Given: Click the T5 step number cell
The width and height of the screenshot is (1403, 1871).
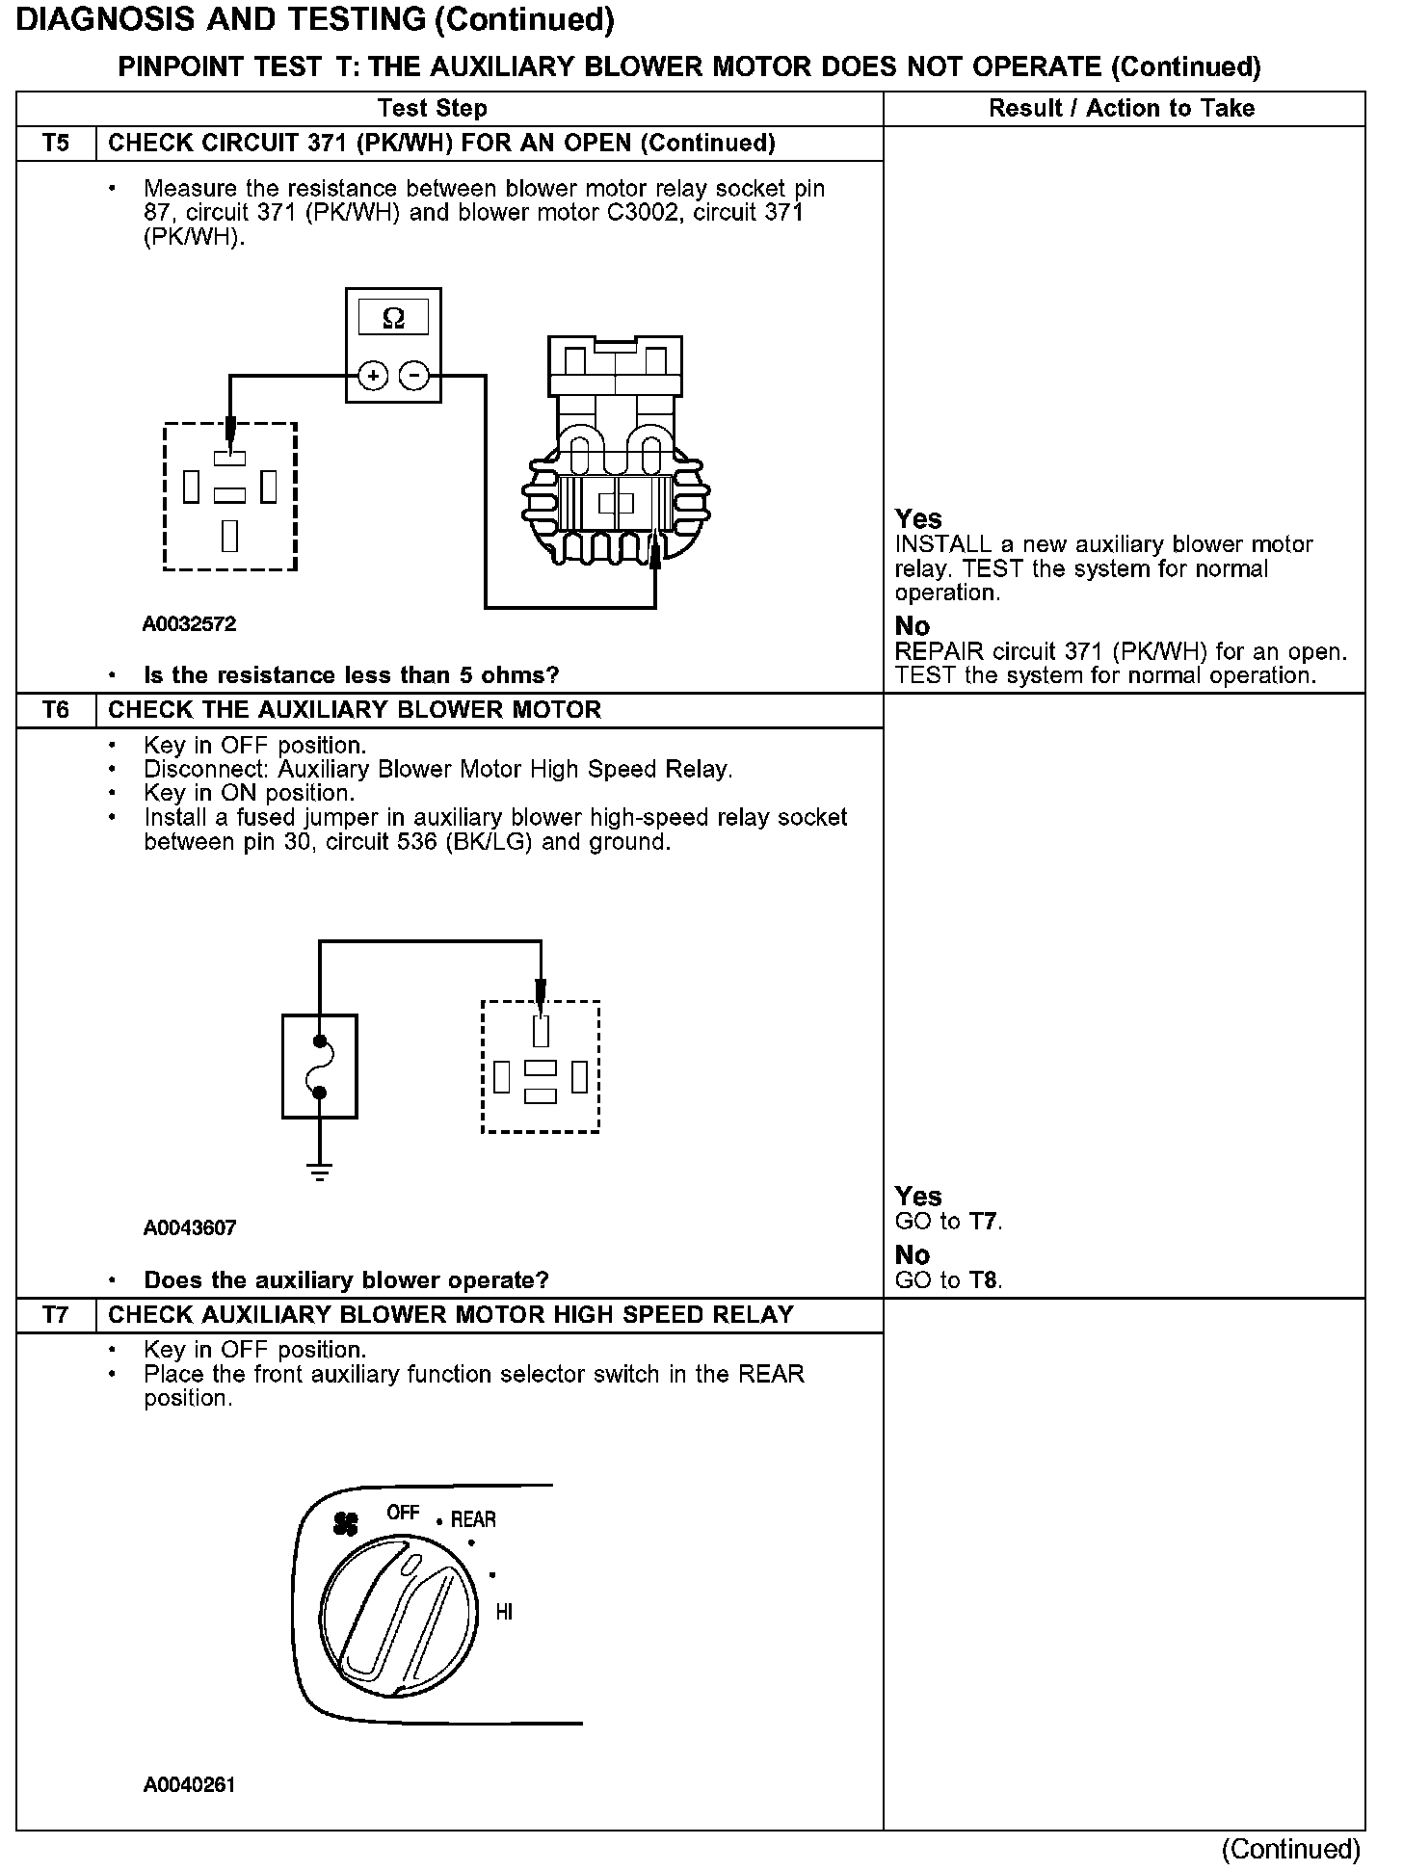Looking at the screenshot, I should [56, 144].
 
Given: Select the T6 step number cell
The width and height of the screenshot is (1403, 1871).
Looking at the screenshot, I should [56, 710].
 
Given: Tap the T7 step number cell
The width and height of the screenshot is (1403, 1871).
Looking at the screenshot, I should [56, 1315].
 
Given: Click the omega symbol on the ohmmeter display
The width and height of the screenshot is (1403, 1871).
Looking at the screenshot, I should [393, 317].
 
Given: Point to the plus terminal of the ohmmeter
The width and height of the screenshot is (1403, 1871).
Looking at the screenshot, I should [373, 375].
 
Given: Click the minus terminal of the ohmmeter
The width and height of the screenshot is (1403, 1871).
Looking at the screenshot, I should [414, 375].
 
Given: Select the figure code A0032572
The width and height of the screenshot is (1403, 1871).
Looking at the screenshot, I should [189, 623].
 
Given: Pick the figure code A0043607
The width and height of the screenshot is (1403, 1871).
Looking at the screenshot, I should [189, 1227].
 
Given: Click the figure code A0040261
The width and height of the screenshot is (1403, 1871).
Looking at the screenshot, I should [189, 1784].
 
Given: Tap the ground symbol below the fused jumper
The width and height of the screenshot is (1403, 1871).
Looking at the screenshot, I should [319, 1172].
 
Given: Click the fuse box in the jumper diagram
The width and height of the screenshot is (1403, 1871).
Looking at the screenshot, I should [319, 1066].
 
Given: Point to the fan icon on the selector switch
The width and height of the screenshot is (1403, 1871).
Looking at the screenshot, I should [345, 1522].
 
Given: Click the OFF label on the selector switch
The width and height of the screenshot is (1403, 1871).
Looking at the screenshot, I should [403, 1513].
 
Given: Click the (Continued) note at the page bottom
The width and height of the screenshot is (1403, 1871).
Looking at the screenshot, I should [1290, 1849].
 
